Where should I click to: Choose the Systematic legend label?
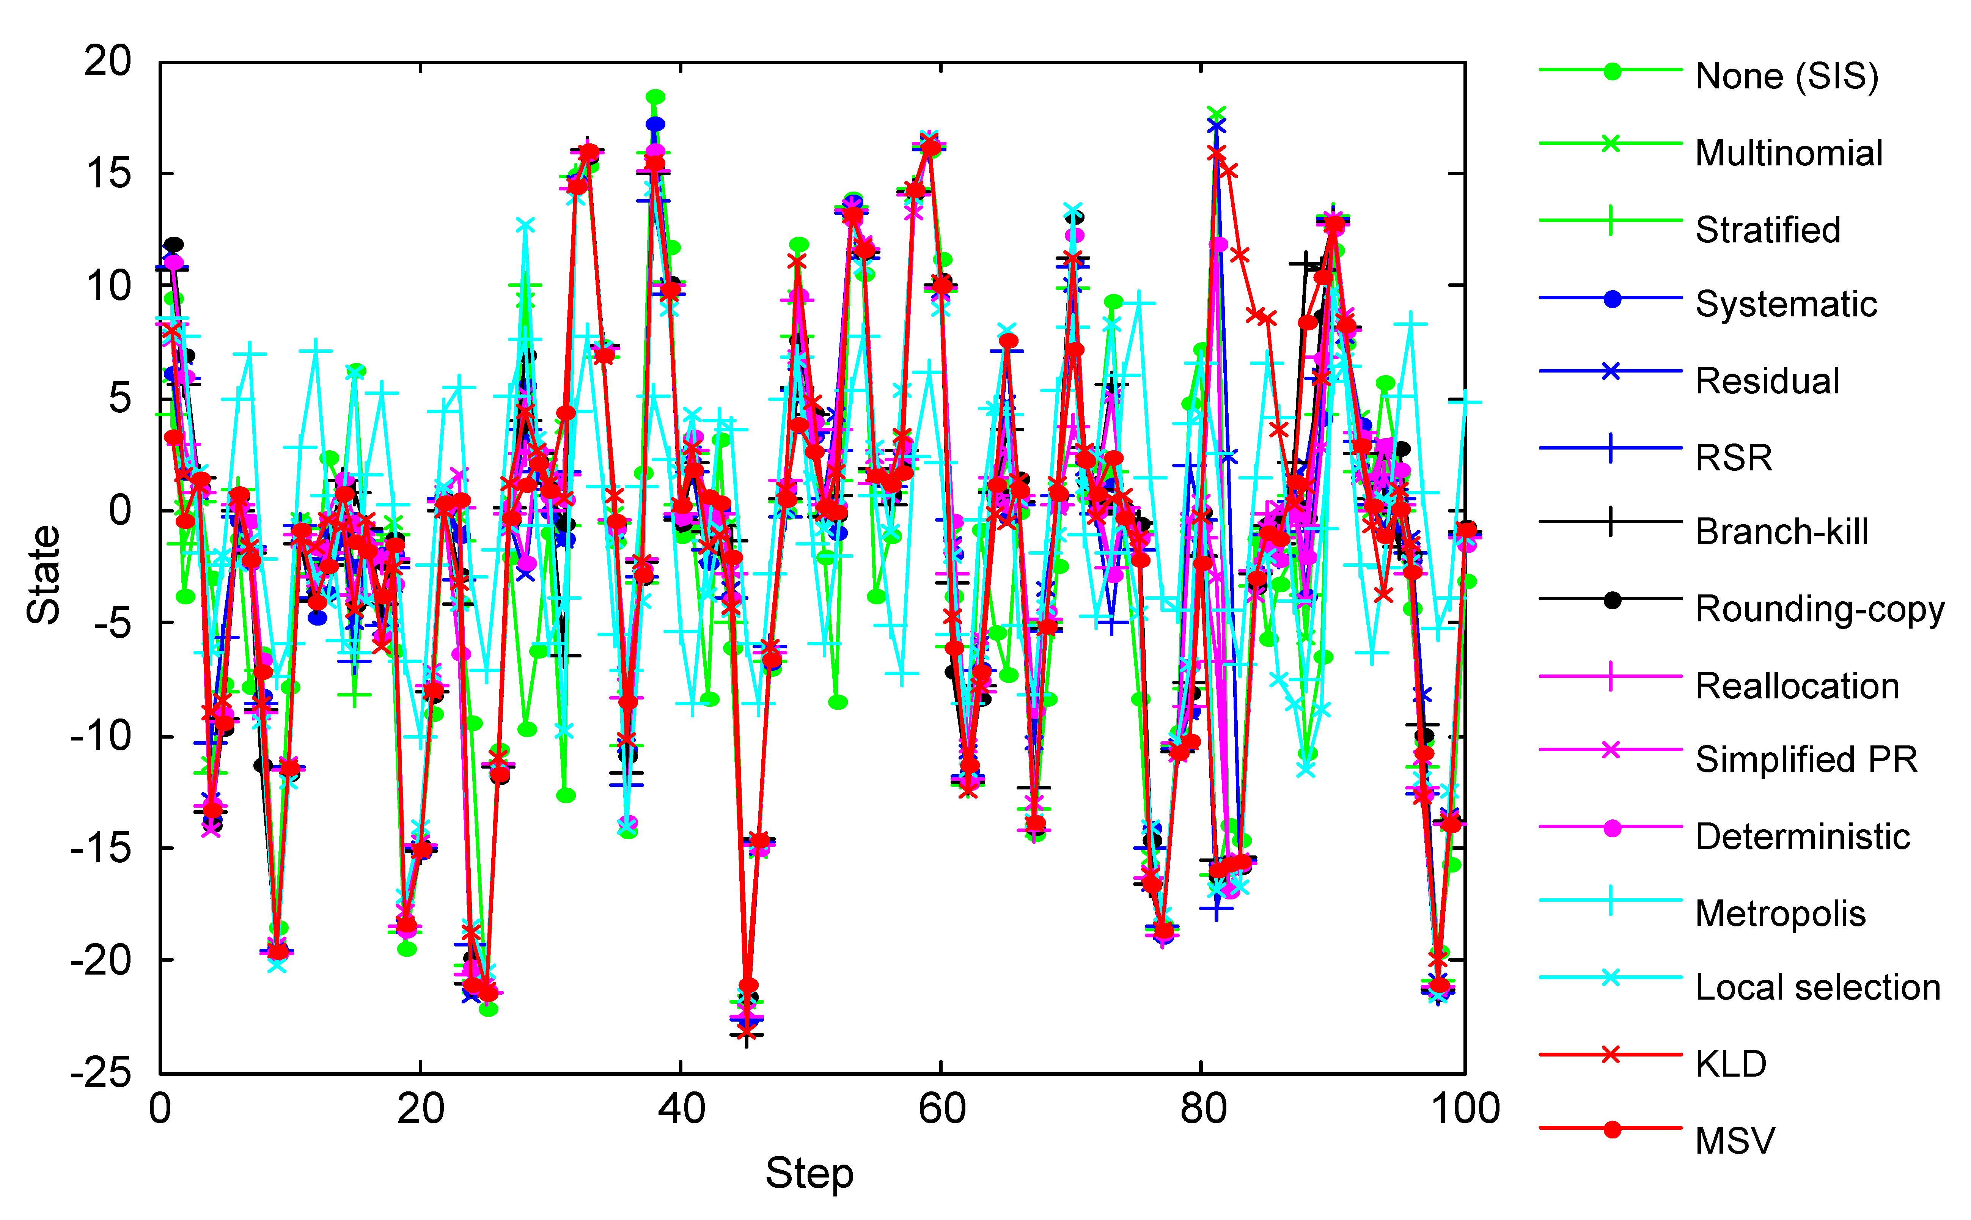coord(1786,304)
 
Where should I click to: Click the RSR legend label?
coord(1734,457)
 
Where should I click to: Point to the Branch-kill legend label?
coord(1781,532)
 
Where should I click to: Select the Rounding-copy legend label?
coord(1819,609)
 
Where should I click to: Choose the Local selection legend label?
coord(1817,987)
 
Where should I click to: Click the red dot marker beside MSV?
coord(1611,1130)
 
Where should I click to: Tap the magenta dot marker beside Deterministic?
coord(1611,828)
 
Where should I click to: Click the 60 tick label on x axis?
coord(941,1110)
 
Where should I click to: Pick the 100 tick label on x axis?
coord(1464,1110)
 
